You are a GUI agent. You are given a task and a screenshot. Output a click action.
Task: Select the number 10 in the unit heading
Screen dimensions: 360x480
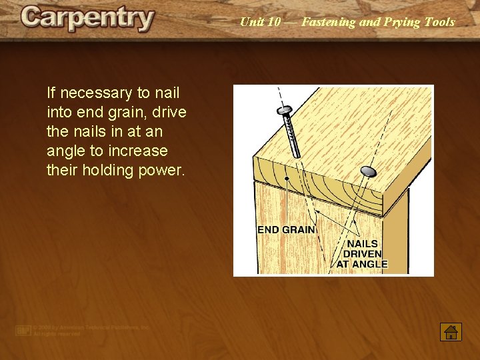click(274, 22)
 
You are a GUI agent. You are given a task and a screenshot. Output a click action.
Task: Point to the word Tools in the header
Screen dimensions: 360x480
click(439, 22)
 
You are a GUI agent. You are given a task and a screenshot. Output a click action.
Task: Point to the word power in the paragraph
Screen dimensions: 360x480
click(160, 170)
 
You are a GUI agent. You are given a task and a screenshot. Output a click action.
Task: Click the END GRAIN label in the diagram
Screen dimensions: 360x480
click(286, 230)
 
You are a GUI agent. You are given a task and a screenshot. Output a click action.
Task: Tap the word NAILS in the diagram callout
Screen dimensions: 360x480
click(362, 244)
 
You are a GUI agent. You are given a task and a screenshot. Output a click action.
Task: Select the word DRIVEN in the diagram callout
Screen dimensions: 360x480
click(362, 254)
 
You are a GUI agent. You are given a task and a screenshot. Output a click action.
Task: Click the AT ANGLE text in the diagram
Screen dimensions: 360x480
click(362, 264)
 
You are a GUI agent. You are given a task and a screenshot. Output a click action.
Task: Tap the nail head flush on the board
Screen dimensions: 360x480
click(367, 171)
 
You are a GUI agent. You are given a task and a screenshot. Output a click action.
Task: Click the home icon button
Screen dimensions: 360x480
click(451, 331)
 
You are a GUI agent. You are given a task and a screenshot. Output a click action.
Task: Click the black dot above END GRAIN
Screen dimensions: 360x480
click(287, 179)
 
